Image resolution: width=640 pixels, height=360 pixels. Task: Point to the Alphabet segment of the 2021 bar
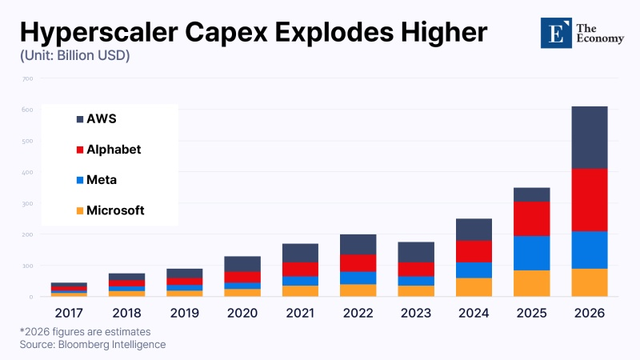pos(299,269)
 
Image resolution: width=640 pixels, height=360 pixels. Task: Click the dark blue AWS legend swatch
pos(80,119)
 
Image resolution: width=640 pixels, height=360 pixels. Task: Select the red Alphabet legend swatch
pos(80,150)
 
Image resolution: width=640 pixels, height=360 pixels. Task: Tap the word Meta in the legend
pos(102,180)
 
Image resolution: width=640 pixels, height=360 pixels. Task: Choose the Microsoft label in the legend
pos(115,211)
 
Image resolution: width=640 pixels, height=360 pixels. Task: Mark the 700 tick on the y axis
pos(27,78)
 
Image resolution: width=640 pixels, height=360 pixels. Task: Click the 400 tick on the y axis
pos(27,172)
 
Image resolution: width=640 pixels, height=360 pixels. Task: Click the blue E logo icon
pos(554,33)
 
